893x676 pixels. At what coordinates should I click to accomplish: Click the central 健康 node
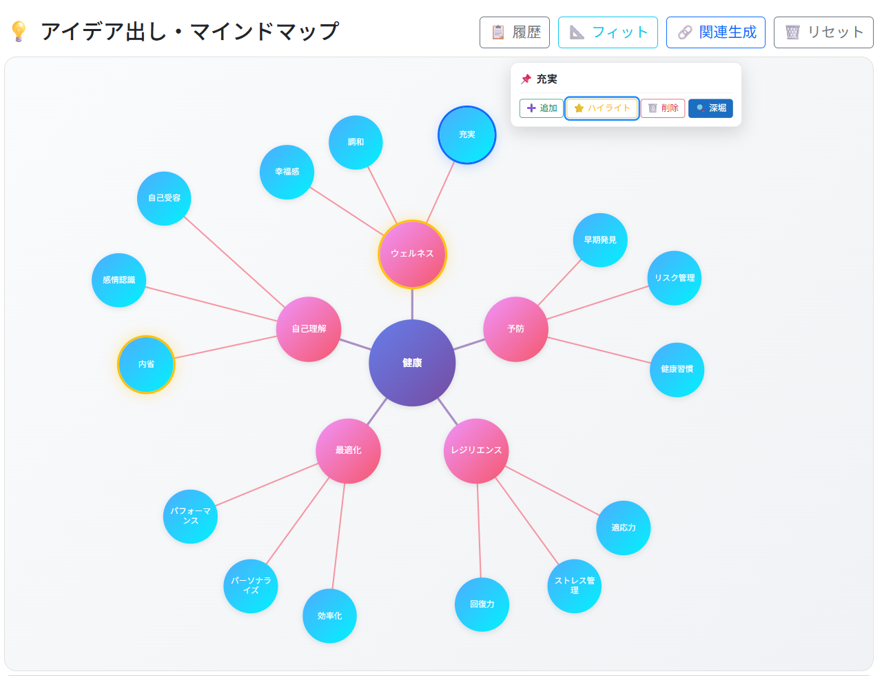click(412, 363)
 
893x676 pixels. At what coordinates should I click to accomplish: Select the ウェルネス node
click(412, 254)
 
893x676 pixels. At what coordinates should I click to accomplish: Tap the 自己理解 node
click(309, 329)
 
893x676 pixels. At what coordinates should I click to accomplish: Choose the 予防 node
click(515, 329)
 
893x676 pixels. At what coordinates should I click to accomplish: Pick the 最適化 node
click(348, 450)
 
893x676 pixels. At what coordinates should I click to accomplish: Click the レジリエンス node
click(476, 450)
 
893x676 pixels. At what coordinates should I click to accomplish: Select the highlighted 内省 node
click(146, 364)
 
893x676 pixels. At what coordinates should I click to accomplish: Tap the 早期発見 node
click(600, 240)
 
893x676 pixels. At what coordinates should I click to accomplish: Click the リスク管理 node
click(675, 278)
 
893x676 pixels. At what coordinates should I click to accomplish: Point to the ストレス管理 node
click(575, 586)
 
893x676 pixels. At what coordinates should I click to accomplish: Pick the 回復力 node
click(482, 604)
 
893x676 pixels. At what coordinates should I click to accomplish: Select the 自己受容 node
click(164, 198)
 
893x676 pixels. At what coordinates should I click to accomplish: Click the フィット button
click(608, 32)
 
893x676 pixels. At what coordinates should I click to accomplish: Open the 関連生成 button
click(715, 32)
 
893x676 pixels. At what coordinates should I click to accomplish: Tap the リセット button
click(823, 32)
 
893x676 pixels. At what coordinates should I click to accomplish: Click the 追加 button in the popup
click(542, 108)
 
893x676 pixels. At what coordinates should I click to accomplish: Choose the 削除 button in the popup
click(663, 108)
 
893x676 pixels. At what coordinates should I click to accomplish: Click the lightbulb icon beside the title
click(19, 31)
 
